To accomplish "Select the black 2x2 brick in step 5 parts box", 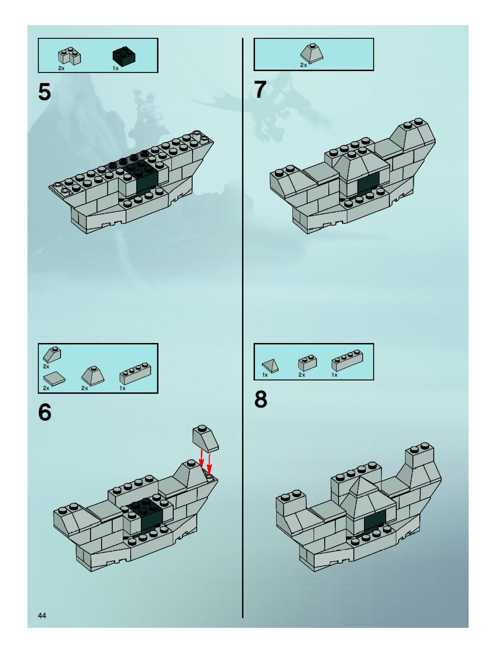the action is pos(124,57).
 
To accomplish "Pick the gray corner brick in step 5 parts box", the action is pos(70,56).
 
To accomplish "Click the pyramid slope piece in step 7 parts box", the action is pos(312,53).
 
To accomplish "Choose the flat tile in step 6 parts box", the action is pos(54,378).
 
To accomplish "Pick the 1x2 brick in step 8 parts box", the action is pos(307,362).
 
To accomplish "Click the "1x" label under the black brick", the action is pos(115,69).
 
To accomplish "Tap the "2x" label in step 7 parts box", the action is pos(303,65).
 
